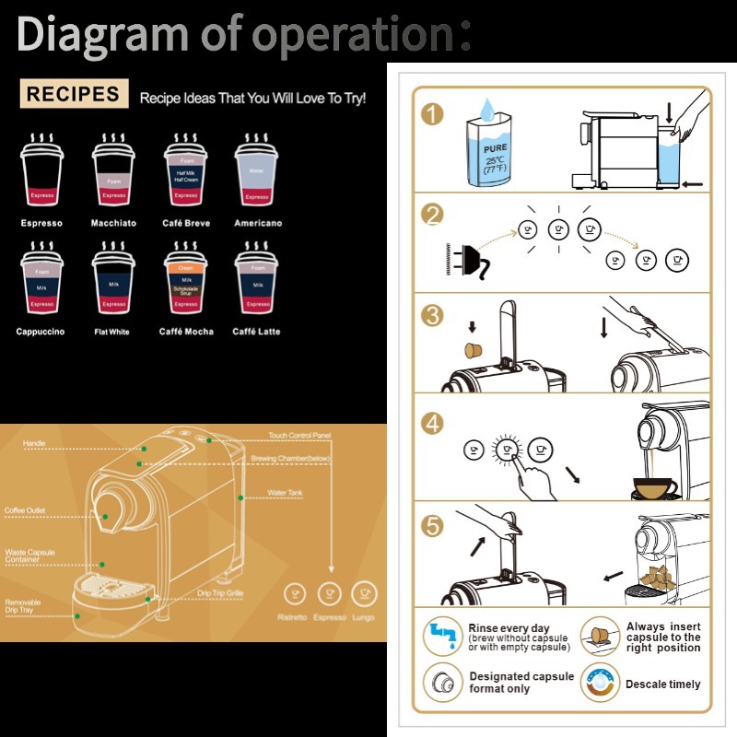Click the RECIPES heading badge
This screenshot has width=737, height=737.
click(x=74, y=93)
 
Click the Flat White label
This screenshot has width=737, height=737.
click(x=112, y=332)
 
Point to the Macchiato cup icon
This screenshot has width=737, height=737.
click(x=113, y=174)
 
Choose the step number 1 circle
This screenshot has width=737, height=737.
click(x=431, y=114)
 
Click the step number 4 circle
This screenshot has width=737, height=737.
click(x=431, y=423)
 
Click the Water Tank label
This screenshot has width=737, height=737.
click(x=286, y=493)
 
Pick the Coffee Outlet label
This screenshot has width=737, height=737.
click(x=25, y=510)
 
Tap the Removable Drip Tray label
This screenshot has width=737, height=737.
click(x=21, y=606)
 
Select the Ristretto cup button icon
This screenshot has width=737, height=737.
click(x=295, y=593)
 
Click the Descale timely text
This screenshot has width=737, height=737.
click(x=662, y=684)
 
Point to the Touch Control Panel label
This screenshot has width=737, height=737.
click(x=299, y=435)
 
